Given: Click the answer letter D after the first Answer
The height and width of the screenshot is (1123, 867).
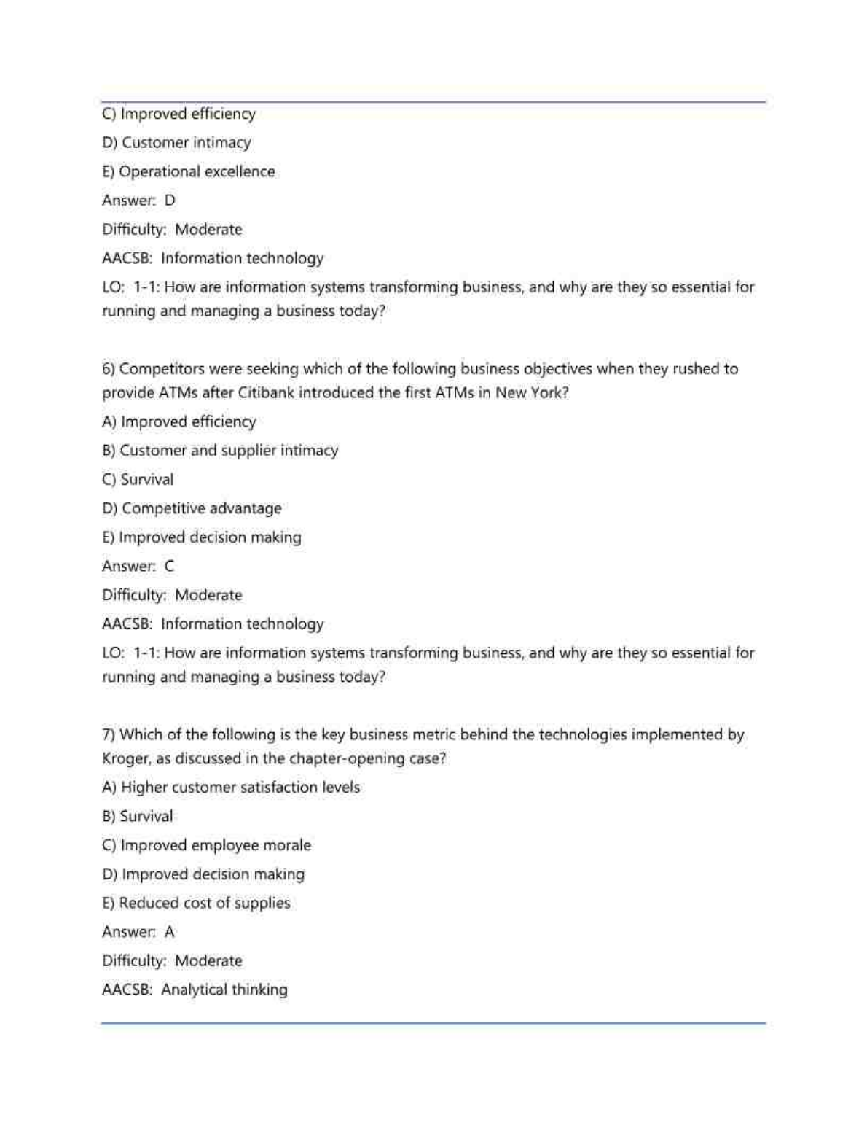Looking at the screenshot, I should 170,201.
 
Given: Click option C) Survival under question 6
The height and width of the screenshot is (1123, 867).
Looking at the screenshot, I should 138,479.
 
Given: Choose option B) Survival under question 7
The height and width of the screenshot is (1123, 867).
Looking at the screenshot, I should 138,816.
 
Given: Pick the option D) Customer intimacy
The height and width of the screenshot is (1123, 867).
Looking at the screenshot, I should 176,142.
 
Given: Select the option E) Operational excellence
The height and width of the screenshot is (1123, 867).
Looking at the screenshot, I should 189,171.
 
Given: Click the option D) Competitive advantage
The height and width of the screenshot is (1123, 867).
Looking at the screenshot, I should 192,508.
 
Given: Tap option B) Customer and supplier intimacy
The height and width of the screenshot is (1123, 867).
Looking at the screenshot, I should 220,451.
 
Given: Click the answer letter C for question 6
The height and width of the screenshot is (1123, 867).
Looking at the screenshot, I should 170,566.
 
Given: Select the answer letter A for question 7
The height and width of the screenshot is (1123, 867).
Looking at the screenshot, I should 170,932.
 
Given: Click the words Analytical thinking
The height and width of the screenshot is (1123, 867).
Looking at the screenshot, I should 224,990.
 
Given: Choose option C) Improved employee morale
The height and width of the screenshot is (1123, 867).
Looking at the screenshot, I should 206,845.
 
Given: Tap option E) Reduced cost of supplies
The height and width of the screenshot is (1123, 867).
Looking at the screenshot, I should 196,903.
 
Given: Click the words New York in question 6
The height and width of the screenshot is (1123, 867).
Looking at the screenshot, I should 531,392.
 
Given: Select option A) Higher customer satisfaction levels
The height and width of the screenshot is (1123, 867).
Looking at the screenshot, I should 231,788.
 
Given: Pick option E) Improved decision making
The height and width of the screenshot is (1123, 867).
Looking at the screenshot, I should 202,537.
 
